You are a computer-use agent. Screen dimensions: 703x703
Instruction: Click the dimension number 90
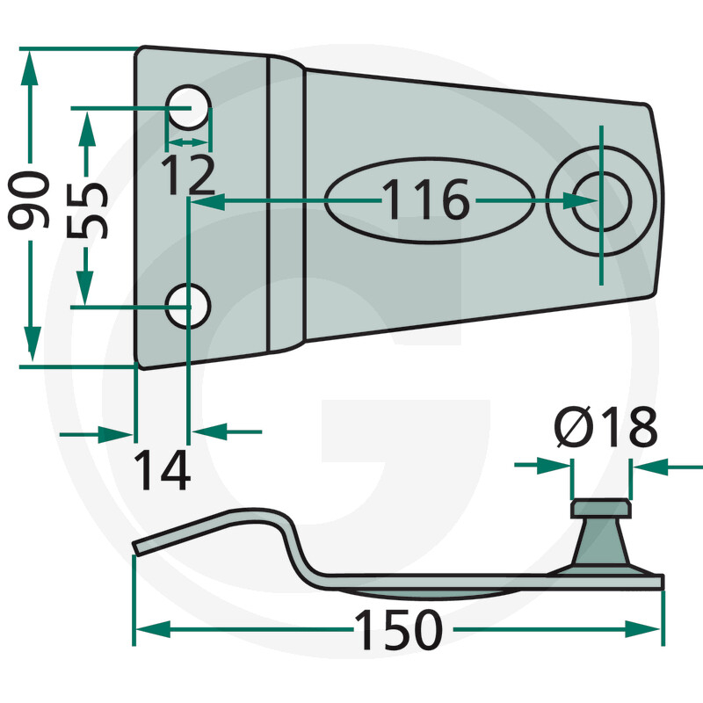tap(29, 200)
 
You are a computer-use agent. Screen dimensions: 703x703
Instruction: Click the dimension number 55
tap(87, 210)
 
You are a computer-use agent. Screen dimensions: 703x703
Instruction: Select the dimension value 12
tap(188, 175)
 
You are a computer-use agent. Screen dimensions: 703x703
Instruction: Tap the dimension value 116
tap(425, 199)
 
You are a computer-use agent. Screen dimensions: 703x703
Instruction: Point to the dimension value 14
tap(163, 470)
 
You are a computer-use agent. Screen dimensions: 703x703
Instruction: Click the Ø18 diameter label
tap(605, 427)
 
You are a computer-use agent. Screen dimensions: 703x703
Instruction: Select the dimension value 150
tap(399, 629)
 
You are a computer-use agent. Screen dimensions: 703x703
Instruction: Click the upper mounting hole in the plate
tap(188, 107)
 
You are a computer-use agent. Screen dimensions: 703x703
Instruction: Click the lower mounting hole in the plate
tap(187, 306)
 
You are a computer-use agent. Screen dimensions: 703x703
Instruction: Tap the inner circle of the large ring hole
tap(601, 200)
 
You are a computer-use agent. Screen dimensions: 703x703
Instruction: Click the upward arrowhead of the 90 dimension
tap(30, 68)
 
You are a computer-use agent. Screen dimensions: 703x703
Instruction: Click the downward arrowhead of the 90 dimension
tap(32, 344)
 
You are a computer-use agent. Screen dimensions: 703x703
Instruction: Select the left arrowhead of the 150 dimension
tap(153, 629)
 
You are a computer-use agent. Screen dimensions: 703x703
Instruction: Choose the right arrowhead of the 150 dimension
tap(642, 629)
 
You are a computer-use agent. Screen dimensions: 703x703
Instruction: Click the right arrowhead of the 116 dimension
tap(580, 200)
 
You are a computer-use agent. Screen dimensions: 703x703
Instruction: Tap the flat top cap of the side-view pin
tap(601, 508)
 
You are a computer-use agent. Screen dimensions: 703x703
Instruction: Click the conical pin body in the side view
tap(601, 542)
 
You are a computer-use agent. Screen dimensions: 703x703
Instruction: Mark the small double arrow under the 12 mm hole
tap(188, 142)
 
